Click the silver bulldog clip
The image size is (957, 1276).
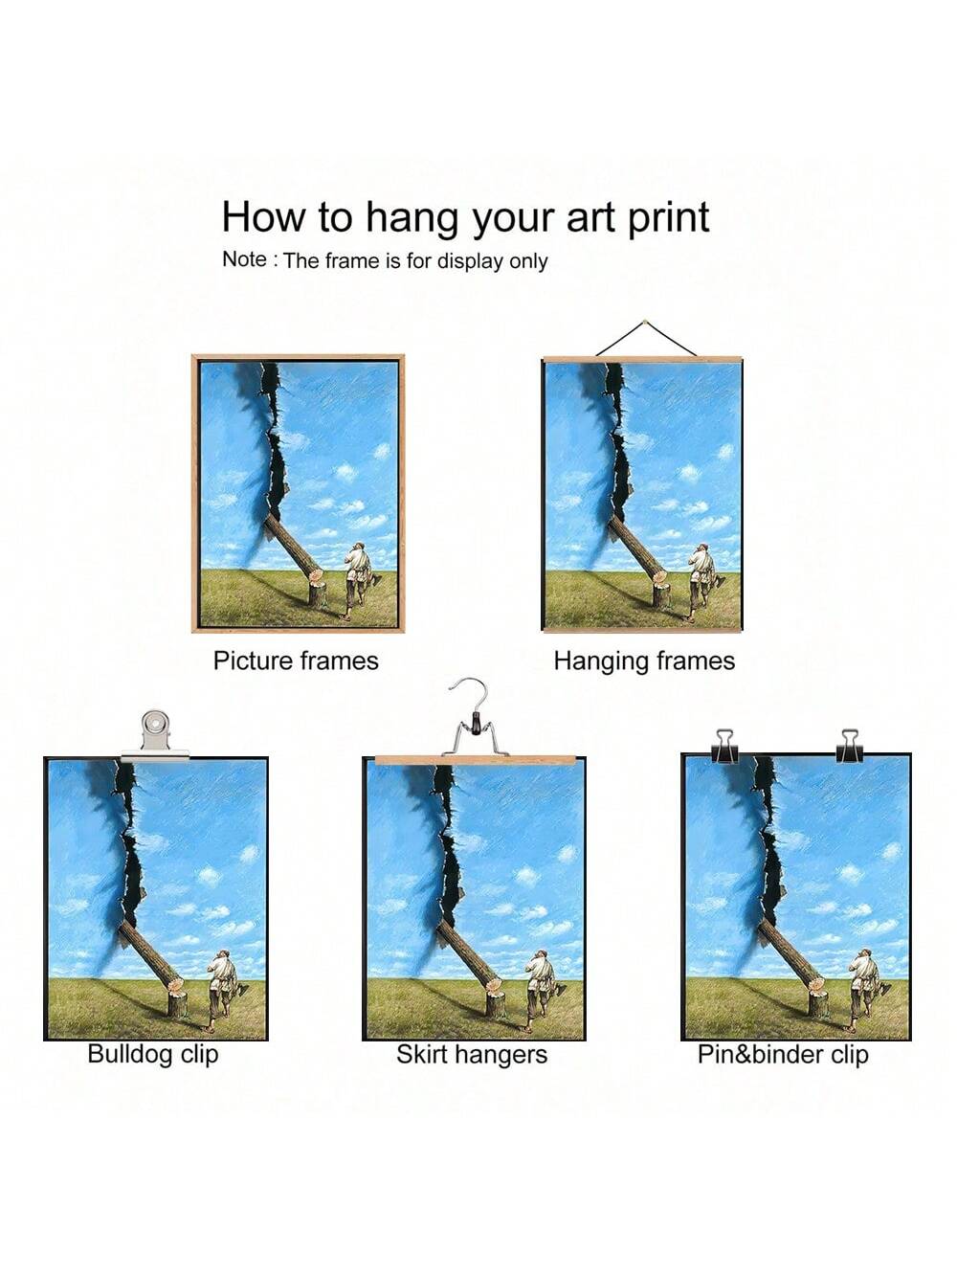[156, 735]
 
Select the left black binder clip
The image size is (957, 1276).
[724, 747]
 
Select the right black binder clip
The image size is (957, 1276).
[850, 746]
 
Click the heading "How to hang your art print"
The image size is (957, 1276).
[465, 217]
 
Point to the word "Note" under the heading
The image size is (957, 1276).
[244, 259]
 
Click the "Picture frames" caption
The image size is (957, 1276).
[296, 660]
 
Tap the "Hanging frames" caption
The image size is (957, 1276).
[644, 661]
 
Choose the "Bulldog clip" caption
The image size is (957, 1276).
[153, 1054]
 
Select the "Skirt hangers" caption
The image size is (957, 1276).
[472, 1054]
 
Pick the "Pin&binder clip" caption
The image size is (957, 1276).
[783, 1054]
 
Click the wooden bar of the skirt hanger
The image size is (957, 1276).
[476, 759]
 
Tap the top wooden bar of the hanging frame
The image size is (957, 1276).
[642, 360]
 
